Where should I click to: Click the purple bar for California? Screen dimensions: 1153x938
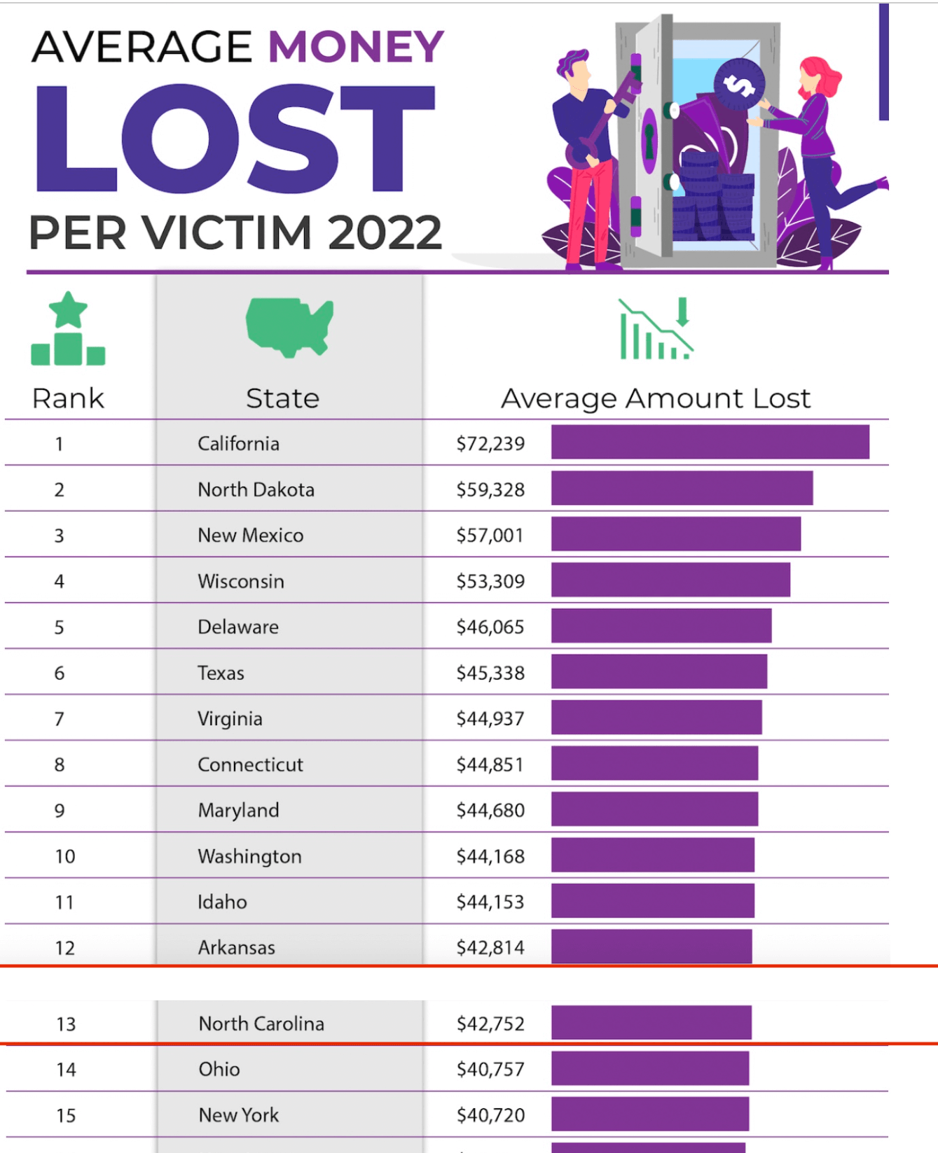[710, 442]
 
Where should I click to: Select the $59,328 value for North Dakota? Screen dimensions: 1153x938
[490, 489]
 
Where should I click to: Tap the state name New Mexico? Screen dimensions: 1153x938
[250, 536]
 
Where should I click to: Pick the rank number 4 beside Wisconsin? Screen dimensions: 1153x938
[60, 581]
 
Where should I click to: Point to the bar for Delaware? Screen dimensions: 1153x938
[661, 626]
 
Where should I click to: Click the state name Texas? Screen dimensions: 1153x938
[221, 673]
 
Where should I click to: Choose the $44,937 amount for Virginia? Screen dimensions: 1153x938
[490, 719]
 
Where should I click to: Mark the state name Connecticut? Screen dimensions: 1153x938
[250, 764]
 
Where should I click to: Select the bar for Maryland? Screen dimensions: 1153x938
[654, 810]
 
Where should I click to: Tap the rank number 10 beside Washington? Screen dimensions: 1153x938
[65, 856]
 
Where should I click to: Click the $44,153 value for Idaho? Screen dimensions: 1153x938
[490, 902]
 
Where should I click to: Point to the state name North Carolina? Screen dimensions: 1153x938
[261, 1023]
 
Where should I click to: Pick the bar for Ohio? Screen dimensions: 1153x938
[650, 1068]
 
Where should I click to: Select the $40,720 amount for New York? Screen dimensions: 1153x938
[490, 1114]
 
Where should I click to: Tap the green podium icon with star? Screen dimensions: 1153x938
[68, 330]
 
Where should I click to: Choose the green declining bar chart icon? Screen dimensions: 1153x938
[656, 330]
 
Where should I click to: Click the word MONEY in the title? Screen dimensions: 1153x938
[356, 47]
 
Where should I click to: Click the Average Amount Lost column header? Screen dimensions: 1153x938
[655, 398]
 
